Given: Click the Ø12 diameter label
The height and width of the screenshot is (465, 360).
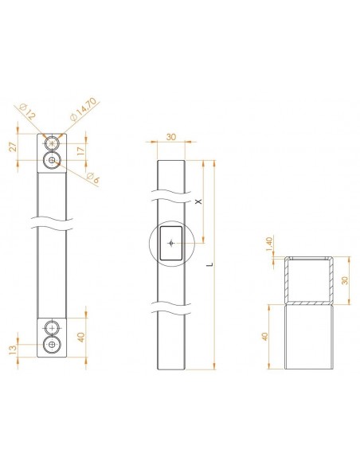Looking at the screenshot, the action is pos(28,111).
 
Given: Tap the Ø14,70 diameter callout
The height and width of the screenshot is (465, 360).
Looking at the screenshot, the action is pos(84,109).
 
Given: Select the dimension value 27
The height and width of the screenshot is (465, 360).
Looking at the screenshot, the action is pos(13,147).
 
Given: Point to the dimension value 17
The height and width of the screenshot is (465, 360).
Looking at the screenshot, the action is pos(80,150).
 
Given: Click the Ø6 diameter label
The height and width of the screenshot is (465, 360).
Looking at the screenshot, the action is pos(93,178).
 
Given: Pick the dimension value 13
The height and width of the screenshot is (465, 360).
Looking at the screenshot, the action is pos(13,350).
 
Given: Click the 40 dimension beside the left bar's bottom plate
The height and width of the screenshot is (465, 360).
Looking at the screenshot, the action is pos(81,337).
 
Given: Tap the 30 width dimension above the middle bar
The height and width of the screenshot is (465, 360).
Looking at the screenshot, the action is pos(170,137).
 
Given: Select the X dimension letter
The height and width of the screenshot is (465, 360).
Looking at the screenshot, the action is pos(199,201).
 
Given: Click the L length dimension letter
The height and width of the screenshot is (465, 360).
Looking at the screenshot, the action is pos(211,264).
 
